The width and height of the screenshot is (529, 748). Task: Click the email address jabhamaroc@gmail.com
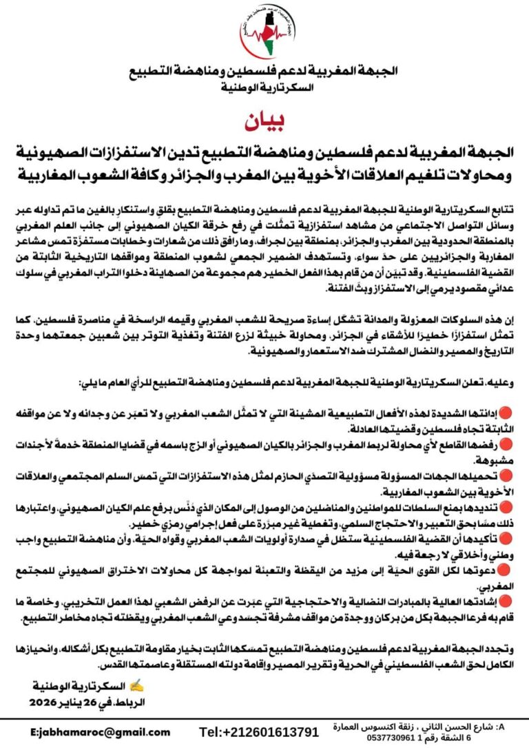coord(101,731)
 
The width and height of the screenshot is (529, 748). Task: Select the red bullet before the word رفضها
coord(505,446)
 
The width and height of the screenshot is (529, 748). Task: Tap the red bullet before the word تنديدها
coord(505,506)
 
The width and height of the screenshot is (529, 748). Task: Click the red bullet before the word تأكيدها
coord(505,538)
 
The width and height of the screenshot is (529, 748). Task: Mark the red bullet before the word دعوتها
coord(505,570)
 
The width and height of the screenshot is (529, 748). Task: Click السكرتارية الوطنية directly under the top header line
coord(264,88)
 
